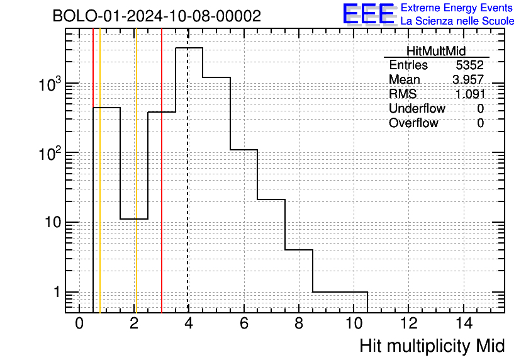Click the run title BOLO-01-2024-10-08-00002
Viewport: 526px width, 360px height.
pyautogui.click(x=157, y=16)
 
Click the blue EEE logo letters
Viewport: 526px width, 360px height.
pyautogui.click(x=369, y=14)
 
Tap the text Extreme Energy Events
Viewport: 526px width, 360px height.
pyautogui.click(x=457, y=8)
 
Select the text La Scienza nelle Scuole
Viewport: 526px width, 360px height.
pyautogui.click(x=457, y=21)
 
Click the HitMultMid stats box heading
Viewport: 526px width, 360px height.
pyautogui.click(x=436, y=51)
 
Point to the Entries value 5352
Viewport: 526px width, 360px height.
pyautogui.click(x=469, y=65)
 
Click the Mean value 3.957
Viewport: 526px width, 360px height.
pyautogui.click(x=468, y=79)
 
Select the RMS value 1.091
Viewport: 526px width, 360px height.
pyautogui.click(x=470, y=94)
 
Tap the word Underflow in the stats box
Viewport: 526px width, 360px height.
pyautogui.click(x=417, y=108)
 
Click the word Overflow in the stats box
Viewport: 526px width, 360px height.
pyautogui.click(x=413, y=123)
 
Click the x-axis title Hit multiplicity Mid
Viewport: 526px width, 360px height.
pyautogui.click(x=432, y=346)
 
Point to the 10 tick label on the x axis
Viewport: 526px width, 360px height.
pyautogui.click(x=354, y=323)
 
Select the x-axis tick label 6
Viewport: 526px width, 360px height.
pyautogui.click(x=244, y=323)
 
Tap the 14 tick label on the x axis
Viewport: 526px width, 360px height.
pyautogui.click(x=464, y=323)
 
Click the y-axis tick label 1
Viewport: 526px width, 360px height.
pyautogui.click(x=57, y=292)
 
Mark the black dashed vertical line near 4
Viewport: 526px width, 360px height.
pyautogui.click(x=188, y=171)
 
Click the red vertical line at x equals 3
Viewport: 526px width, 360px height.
pyautogui.click(x=162, y=171)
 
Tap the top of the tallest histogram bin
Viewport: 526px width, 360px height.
pyautogui.click(x=189, y=48)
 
